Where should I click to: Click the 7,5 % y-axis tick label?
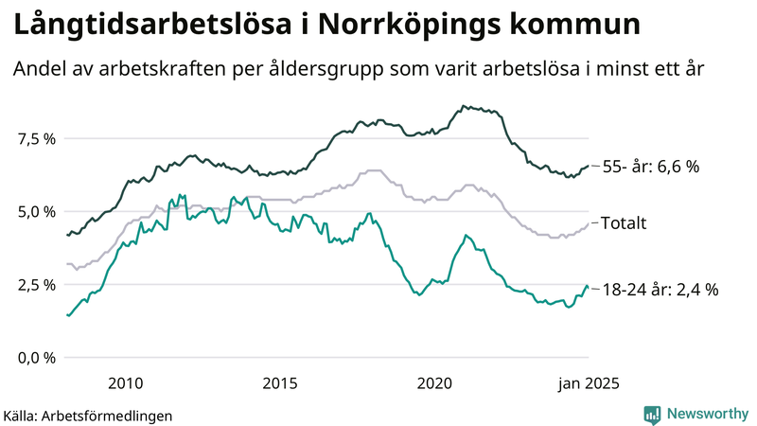[x=36, y=138]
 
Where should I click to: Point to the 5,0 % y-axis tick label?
[x=36, y=211]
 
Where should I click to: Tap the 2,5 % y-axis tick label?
[x=36, y=284]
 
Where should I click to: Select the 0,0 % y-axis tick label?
[x=36, y=357]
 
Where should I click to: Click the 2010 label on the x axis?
[x=125, y=382]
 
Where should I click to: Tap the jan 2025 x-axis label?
[x=583, y=382]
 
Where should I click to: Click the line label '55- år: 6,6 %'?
[x=651, y=167]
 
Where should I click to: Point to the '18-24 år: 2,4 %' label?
[x=660, y=290]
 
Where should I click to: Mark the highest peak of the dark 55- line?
[x=463, y=106]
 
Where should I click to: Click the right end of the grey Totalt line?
[x=589, y=224]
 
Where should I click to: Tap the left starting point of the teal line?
[x=66, y=315]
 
